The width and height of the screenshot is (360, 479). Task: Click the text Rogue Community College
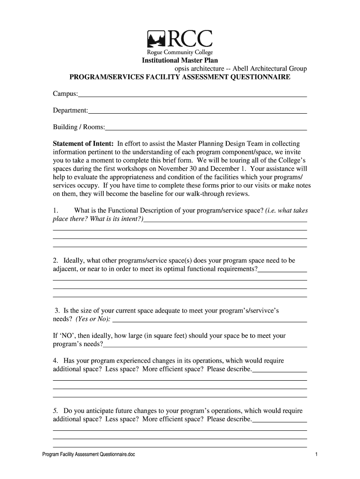tap(180, 53)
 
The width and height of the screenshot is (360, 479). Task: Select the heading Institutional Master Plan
tap(180, 60)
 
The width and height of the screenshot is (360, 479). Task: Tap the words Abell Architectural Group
tap(266, 69)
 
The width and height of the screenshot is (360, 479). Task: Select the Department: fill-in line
tap(197, 111)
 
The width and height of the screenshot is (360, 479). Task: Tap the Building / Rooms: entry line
tap(206, 127)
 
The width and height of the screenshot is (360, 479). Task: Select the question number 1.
tap(55, 210)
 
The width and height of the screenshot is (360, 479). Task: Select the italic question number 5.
tap(55, 411)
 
